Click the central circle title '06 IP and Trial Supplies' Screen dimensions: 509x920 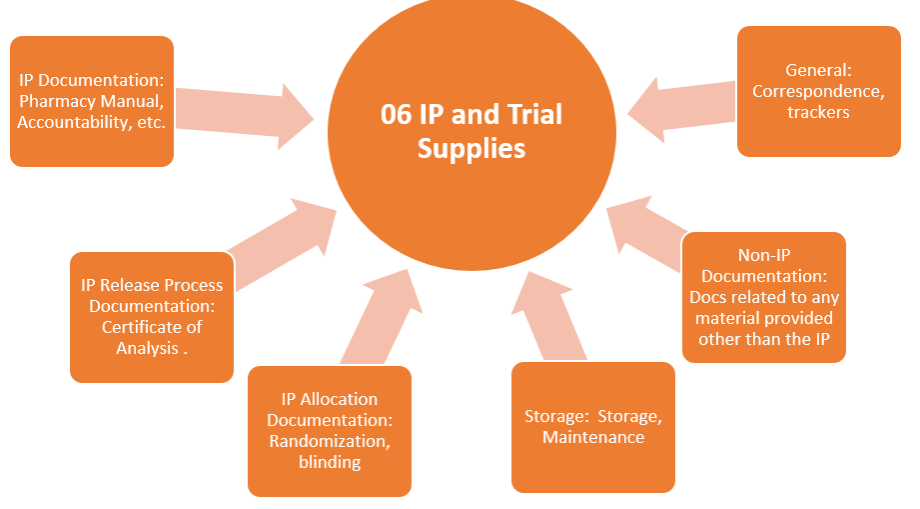[471, 131]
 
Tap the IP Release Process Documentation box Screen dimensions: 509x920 [152, 317]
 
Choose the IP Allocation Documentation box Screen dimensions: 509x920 [330, 431]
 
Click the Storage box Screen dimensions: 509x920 [593, 427]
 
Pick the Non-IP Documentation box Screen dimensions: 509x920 [764, 297]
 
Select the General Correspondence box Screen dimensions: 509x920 [818, 92]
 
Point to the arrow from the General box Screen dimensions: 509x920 [679, 100]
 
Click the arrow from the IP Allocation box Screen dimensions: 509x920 [384, 315]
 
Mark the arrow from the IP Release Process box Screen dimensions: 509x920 [281, 240]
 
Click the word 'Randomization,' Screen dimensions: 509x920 [330, 441]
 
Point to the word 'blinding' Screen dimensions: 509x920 [330, 462]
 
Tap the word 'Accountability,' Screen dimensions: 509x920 [67, 122]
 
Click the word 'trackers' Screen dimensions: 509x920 [818, 112]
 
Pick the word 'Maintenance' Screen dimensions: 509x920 [593, 437]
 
